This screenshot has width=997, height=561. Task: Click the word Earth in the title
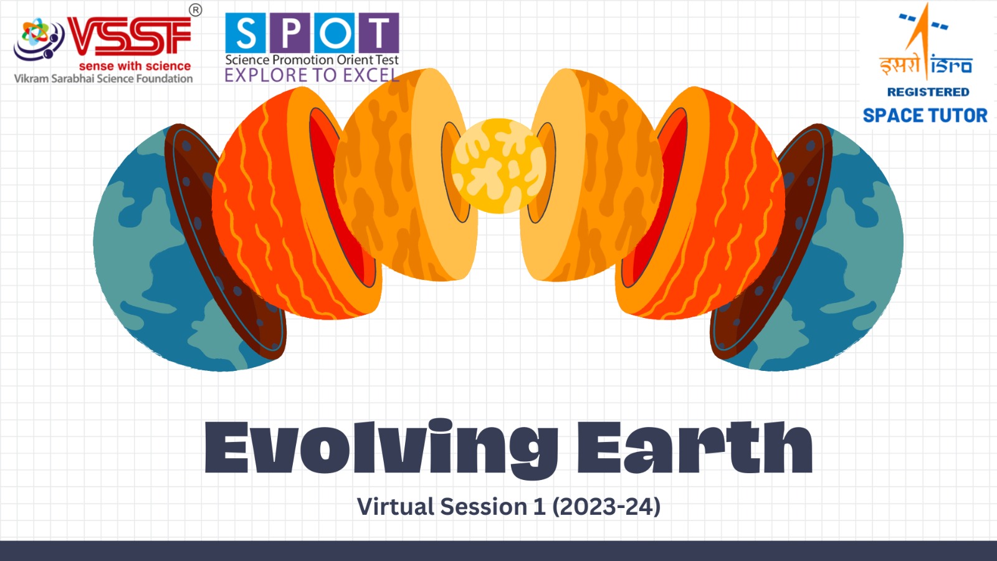pyautogui.click(x=695, y=447)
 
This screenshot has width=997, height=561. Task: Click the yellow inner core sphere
pyautogui.click(x=499, y=166)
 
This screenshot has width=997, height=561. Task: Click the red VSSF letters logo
pyautogui.click(x=129, y=37)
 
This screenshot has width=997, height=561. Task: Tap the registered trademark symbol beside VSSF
pyautogui.click(x=196, y=10)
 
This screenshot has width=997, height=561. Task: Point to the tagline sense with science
pyautogui.click(x=135, y=66)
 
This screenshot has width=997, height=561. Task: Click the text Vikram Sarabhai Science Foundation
pyautogui.click(x=103, y=79)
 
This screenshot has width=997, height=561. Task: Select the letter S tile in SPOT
pyautogui.click(x=246, y=33)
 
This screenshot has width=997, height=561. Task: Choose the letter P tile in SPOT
pyautogui.click(x=290, y=33)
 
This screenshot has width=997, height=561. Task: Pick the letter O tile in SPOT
pyautogui.click(x=334, y=33)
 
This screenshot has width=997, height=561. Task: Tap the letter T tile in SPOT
pyautogui.click(x=379, y=33)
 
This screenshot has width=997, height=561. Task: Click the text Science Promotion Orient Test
pyautogui.click(x=312, y=60)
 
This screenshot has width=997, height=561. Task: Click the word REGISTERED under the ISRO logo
pyautogui.click(x=928, y=92)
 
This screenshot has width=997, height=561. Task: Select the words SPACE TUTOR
pyautogui.click(x=925, y=115)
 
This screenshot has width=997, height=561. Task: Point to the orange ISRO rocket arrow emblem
pyautogui.click(x=922, y=40)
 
